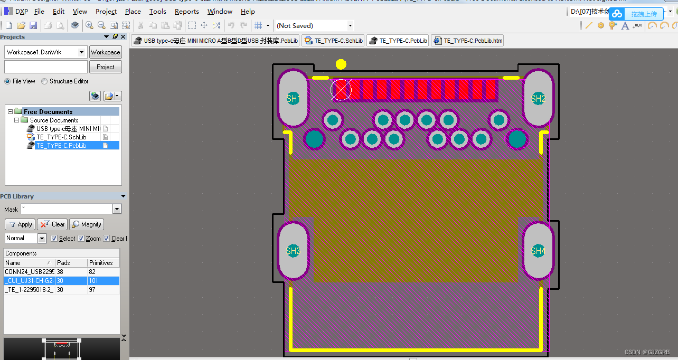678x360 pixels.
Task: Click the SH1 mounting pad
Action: click(293, 98)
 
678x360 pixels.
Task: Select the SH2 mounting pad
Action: click(538, 98)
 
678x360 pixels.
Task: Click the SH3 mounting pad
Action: click(293, 251)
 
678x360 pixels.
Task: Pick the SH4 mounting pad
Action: click(538, 251)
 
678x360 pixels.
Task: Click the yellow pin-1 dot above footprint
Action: click(341, 64)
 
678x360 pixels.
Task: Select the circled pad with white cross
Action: click(341, 90)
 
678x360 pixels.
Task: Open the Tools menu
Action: click(157, 11)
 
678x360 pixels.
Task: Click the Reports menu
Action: click(186, 11)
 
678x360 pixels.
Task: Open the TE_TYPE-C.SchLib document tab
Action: click(333, 41)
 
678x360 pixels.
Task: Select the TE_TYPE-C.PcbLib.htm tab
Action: click(467, 41)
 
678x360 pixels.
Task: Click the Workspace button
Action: click(105, 52)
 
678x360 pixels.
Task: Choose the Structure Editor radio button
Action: click(44, 81)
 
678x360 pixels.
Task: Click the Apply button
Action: click(20, 224)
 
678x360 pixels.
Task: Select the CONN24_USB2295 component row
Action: click(29, 272)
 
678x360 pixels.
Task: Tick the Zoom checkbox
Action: click(81, 239)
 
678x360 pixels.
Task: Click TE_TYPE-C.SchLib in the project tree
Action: click(61, 137)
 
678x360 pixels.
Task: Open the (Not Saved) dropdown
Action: click(350, 25)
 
